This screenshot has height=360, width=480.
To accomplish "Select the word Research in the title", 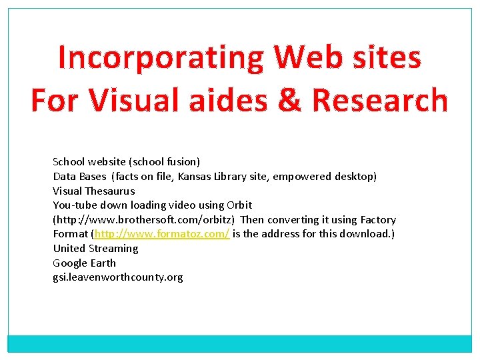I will tap(380, 100).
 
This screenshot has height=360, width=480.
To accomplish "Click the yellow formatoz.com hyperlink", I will tap(162, 234).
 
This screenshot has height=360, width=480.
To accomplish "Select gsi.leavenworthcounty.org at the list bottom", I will tap(118, 277).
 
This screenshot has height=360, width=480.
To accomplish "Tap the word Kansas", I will tap(193, 177).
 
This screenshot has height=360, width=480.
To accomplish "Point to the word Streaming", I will tap(113, 248).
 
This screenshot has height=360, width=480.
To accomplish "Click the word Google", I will tap(70, 263).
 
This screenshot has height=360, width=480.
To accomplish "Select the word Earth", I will tap(103, 263).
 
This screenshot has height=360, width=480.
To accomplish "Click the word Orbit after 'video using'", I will tap(239, 205).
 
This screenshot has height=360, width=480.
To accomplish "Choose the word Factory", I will tap(378, 220).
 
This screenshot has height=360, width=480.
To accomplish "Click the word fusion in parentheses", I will tap(182, 162).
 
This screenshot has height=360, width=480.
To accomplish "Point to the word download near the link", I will tap(366, 234).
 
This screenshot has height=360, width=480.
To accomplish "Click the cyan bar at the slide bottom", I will tap(240, 343).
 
